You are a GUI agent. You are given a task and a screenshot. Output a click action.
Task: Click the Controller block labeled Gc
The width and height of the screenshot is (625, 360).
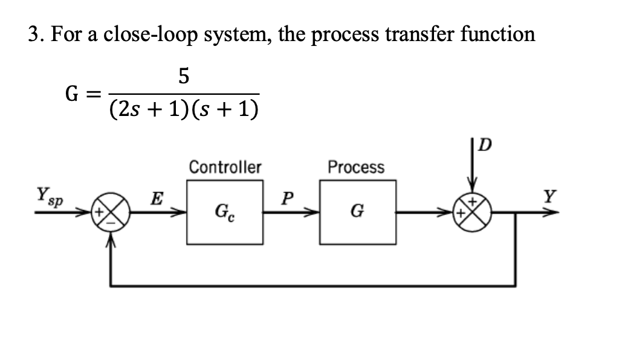click(x=225, y=212)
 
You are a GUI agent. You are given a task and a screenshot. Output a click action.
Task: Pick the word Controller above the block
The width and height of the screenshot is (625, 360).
click(x=225, y=166)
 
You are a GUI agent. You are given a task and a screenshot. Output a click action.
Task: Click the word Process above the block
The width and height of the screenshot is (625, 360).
click(x=355, y=166)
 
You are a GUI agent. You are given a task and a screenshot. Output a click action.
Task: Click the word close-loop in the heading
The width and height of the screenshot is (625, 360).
click(x=152, y=34)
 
